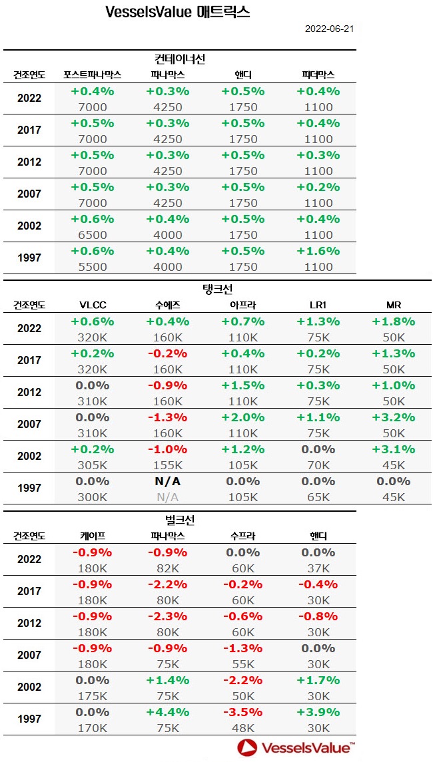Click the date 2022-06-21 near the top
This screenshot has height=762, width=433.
[329, 29]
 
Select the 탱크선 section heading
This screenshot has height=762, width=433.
[217, 289]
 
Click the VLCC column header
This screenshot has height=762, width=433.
[92, 305]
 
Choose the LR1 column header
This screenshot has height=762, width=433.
[317, 305]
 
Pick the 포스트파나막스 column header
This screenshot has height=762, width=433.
[92, 75]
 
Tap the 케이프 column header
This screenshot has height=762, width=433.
[92, 536]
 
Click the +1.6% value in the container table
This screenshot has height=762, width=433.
[318, 251]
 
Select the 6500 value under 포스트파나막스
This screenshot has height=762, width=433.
[92, 235]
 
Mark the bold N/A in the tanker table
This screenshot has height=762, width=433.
[167, 481]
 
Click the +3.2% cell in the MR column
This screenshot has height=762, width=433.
[393, 417]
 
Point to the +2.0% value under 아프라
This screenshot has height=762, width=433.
[242, 417]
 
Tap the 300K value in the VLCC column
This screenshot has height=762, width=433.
[92, 497]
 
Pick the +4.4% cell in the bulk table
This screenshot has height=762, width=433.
[167, 712]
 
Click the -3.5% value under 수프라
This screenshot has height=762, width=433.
[242, 712]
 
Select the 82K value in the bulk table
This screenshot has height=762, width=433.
[167, 568]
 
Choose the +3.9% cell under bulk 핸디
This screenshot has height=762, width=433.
[318, 712]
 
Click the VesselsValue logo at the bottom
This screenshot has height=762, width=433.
[296, 747]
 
